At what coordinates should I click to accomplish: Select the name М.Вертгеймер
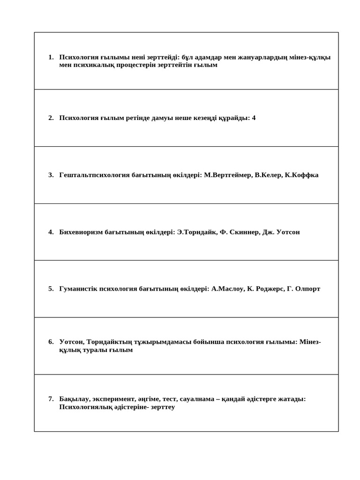[228, 175]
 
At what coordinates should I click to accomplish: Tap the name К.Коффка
[301, 175]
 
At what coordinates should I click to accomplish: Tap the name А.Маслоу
[228, 289]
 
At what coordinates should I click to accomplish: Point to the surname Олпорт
[307, 289]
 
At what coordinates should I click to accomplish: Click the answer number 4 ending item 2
[254, 118]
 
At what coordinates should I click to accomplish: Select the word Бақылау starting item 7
[74, 399]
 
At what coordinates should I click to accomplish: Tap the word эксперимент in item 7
[114, 399]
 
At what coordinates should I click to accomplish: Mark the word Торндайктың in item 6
[108, 342]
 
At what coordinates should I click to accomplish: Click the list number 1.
[50, 57]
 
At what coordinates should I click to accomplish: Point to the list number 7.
[50, 399]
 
